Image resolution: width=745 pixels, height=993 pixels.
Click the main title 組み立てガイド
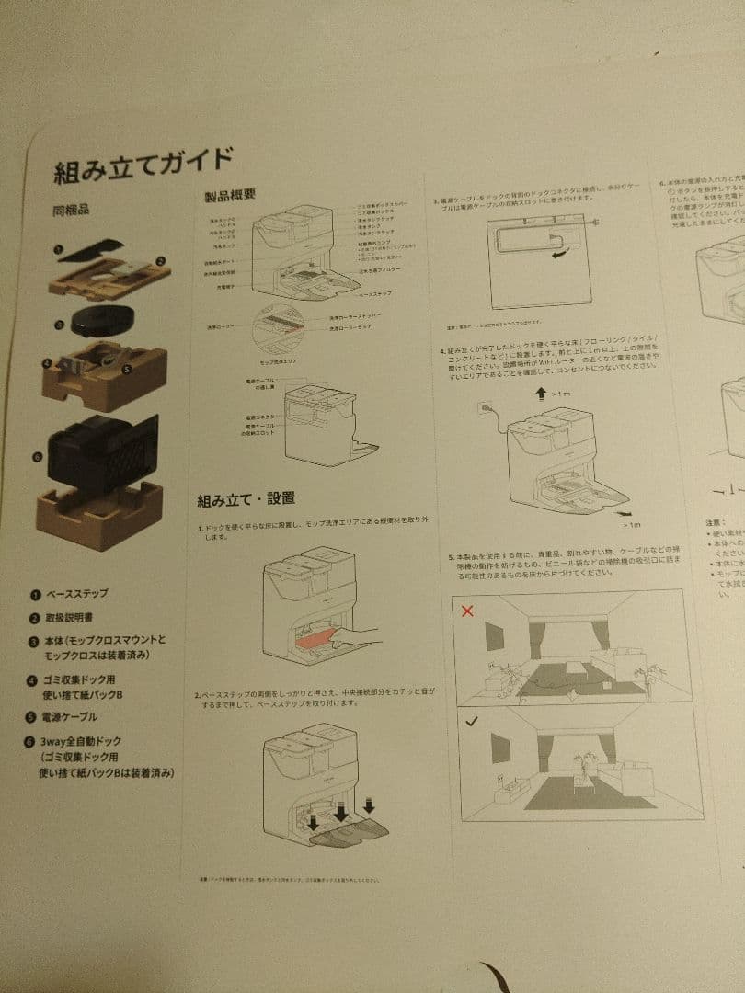143,163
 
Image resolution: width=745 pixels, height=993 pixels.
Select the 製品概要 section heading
229,196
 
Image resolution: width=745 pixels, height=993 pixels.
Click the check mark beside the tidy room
470,721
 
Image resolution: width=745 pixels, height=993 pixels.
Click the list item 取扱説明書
76,617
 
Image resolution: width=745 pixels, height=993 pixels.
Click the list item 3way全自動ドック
83,740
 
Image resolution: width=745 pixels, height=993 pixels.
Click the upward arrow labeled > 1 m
540,393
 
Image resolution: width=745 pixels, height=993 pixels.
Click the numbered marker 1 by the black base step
57,248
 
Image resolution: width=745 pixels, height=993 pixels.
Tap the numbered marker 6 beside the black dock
37,456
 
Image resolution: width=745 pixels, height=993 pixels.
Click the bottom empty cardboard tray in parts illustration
98,512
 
